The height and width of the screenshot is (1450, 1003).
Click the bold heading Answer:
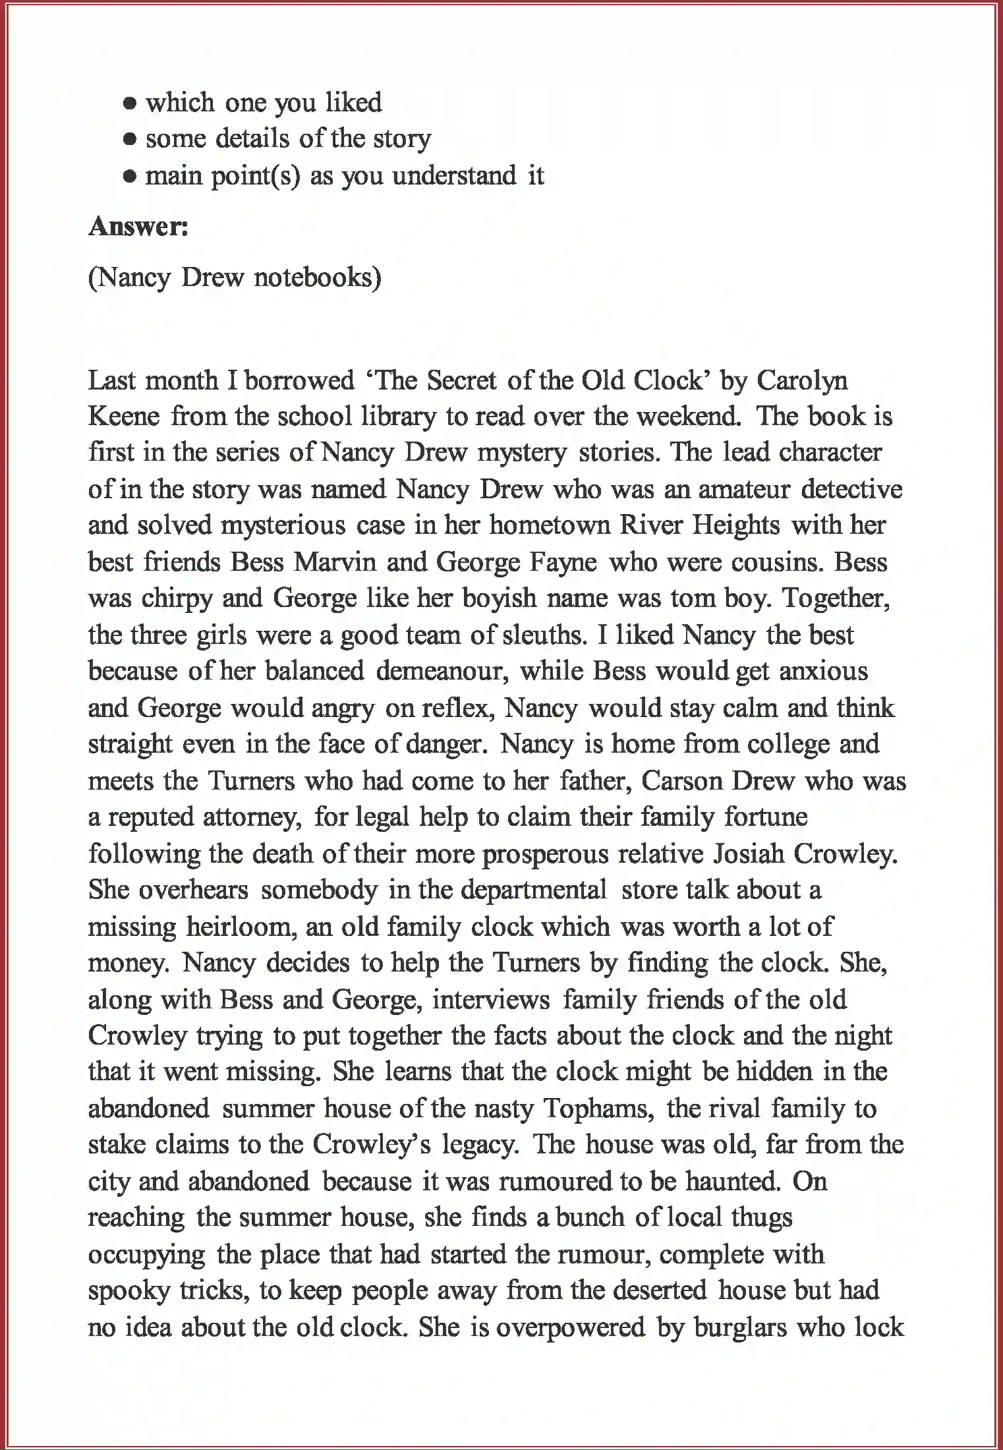pyautogui.click(x=138, y=226)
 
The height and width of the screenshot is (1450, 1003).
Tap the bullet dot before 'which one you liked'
pyautogui.click(x=130, y=103)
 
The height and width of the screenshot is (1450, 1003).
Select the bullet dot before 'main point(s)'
pyautogui.click(x=130, y=177)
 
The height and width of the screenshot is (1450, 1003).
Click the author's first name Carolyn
pyautogui.click(x=802, y=380)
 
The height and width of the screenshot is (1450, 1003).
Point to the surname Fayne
pyautogui.click(x=562, y=562)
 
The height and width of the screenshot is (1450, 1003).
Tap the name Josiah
pyautogui.click(x=749, y=854)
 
